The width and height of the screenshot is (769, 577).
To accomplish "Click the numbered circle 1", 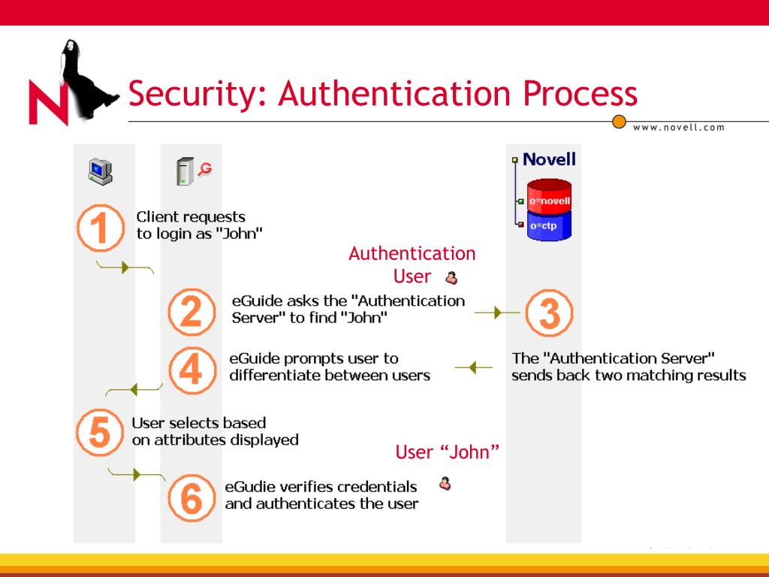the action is tap(101, 228).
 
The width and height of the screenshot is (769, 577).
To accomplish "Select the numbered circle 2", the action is tap(191, 313).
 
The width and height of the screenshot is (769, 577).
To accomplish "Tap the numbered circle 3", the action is tap(549, 313).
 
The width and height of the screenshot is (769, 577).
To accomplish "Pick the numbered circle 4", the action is tap(191, 368).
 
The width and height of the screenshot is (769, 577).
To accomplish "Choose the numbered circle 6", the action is tap(191, 498).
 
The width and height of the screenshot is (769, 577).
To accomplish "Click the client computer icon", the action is tap(99, 172).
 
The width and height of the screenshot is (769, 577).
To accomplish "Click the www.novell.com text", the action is tap(679, 127).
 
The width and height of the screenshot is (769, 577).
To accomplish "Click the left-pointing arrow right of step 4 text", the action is tap(474, 367).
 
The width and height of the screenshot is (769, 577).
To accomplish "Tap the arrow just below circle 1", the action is tap(125, 267).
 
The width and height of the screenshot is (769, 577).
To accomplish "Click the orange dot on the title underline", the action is tap(620, 121).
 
